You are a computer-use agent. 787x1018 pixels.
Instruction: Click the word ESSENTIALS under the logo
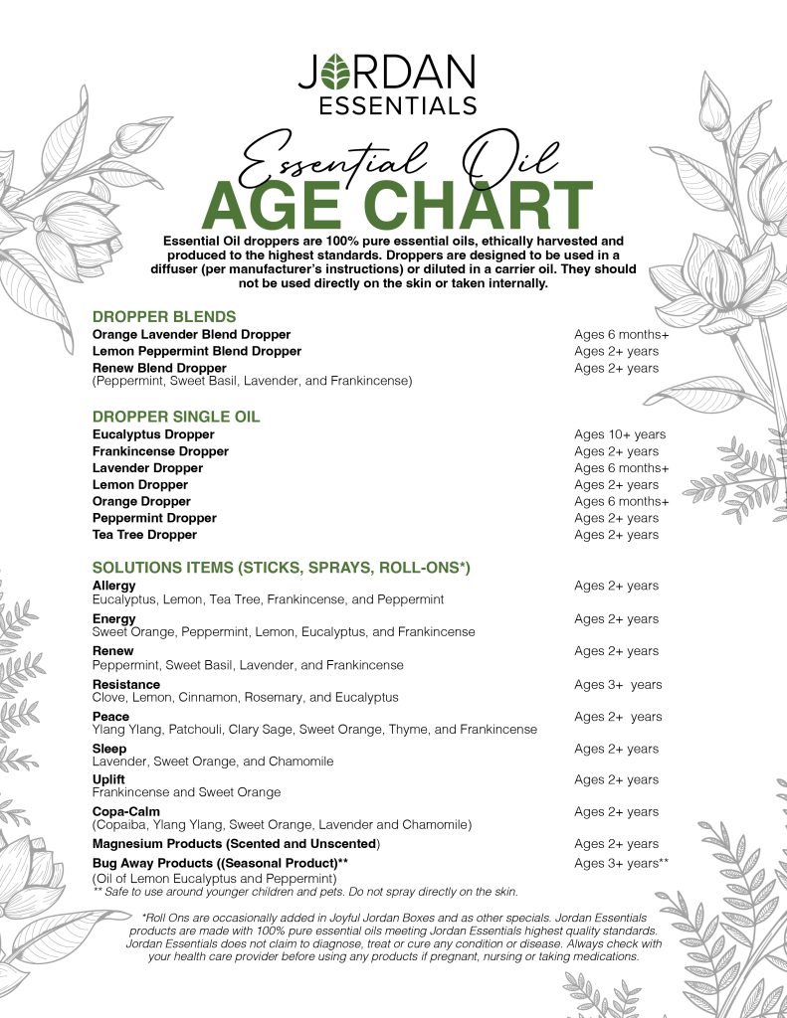point(393,103)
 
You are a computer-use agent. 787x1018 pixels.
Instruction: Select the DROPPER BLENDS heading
point(163,317)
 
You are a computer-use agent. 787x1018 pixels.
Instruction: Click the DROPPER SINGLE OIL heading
point(176,417)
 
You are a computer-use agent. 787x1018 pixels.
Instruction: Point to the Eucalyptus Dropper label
point(153,434)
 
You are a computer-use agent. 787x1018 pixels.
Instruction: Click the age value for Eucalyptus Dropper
point(620,434)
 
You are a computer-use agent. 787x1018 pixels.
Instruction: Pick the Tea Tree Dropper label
point(145,535)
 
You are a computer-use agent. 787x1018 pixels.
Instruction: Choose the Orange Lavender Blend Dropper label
point(191,334)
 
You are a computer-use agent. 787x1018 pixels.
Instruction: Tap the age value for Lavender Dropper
point(621,468)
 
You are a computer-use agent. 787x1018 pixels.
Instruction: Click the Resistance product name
point(125,685)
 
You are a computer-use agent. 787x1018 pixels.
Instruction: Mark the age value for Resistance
point(618,685)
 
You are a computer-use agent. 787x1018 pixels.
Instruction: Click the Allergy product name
point(114,587)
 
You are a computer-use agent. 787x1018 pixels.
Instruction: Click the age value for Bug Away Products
point(620,863)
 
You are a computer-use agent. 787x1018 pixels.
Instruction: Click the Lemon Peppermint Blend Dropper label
point(197,351)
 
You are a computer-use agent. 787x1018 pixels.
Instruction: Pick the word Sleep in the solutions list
point(109,749)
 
